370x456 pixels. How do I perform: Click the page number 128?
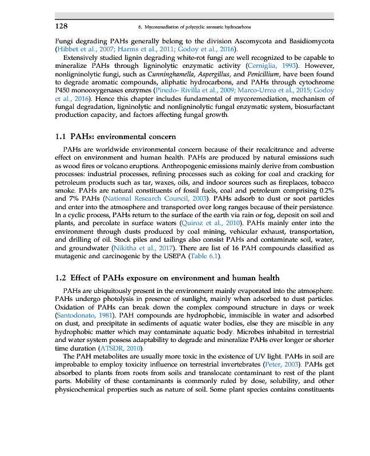point(61,26)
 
